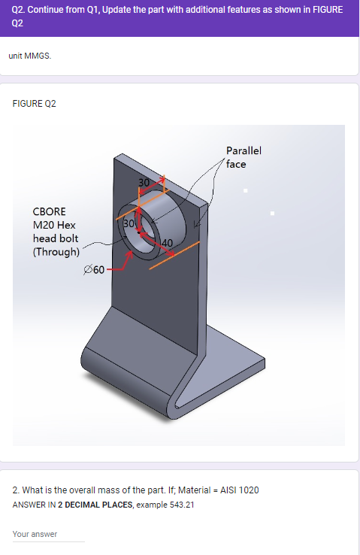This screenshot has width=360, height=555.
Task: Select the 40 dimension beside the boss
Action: (x=166, y=242)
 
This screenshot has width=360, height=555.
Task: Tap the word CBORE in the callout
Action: (x=49, y=212)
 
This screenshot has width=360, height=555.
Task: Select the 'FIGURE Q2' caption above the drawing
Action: (x=35, y=103)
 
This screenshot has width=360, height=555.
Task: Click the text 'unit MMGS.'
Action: (x=30, y=56)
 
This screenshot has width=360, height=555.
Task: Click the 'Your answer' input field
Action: (x=48, y=534)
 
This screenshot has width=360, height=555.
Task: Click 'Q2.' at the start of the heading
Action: (x=20, y=10)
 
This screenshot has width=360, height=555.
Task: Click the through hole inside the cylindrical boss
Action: (x=143, y=234)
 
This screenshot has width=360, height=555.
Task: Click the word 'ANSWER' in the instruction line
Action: (x=29, y=504)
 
